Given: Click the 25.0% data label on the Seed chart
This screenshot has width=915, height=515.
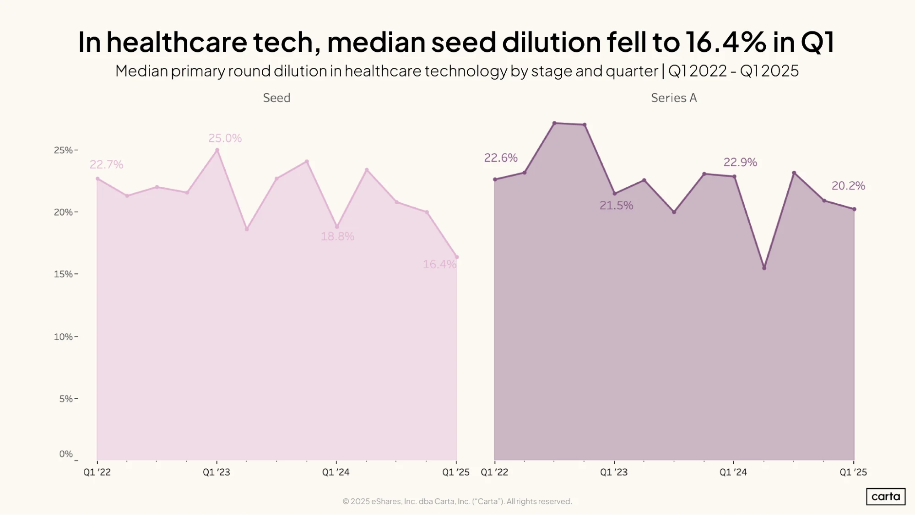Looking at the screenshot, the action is [225, 138].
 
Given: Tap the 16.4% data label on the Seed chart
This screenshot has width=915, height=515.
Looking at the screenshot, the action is [439, 264].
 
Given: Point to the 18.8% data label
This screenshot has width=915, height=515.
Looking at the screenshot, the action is [337, 236].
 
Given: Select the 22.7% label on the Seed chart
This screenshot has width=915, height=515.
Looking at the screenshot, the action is [106, 164].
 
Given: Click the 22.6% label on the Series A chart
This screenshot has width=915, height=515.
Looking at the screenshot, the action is [501, 158].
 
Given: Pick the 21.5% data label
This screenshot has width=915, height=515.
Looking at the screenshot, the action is [616, 206].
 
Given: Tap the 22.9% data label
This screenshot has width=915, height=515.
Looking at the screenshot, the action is [740, 162].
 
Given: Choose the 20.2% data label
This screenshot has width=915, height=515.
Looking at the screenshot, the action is [848, 186].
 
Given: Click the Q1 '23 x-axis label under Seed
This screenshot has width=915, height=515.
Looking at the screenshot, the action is [217, 472].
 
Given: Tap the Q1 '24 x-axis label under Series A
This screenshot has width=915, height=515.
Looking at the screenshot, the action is [733, 472].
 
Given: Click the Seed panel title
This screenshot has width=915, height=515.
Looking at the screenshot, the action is [276, 98].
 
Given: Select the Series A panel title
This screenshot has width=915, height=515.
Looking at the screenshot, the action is [674, 98].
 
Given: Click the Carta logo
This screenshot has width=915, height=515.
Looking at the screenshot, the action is [886, 497].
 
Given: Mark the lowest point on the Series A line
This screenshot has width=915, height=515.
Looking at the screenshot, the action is [764, 268].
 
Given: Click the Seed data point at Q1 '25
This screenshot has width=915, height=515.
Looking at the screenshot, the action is [456, 257].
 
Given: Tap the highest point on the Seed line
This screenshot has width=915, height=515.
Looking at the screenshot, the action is [217, 150].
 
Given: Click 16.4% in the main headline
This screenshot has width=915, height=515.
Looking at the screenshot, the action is [726, 42].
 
